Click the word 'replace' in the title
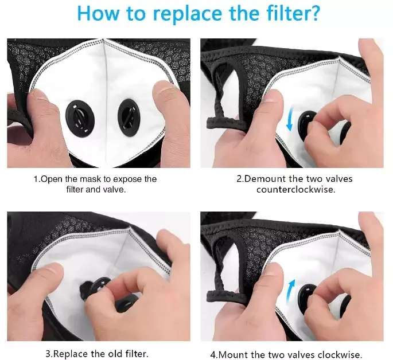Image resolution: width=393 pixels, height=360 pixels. click(188, 14)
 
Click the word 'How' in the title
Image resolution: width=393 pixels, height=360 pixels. click(98, 13)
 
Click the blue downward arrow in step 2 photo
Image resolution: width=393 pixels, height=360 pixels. click(291, 118)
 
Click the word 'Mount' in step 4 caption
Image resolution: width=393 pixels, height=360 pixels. click(234, 355)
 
